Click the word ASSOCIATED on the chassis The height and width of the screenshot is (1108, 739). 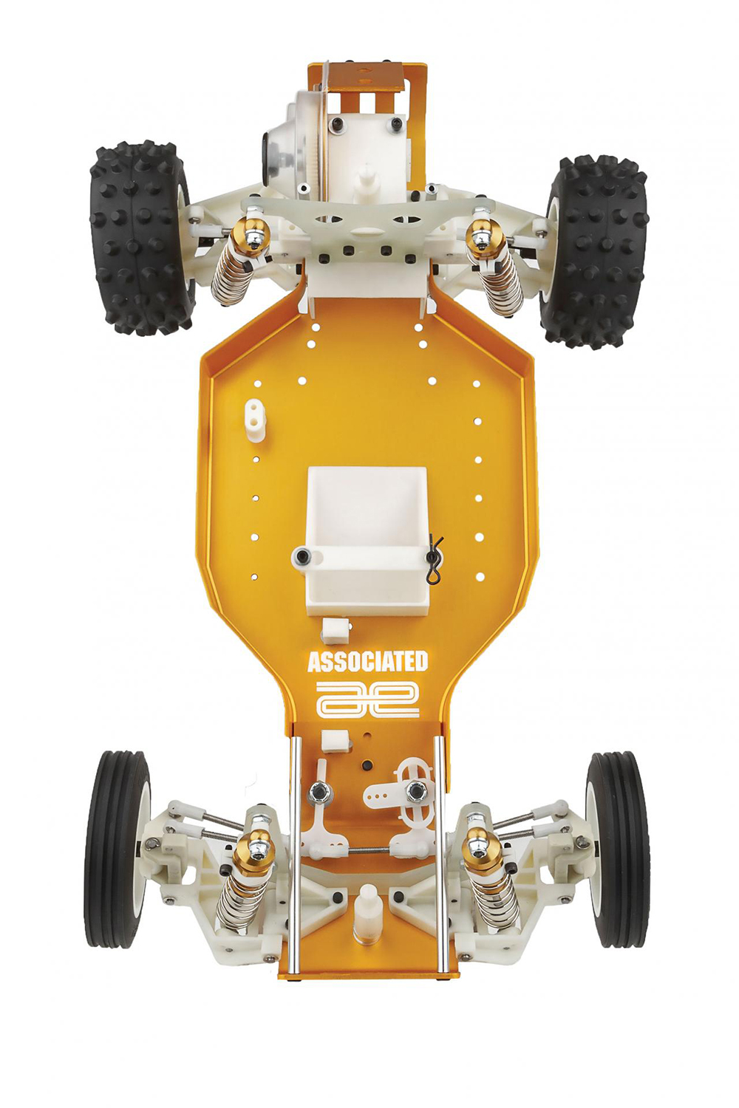pyautogui.click(x=367, y=661)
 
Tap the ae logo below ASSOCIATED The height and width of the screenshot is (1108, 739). pyautogui.click(x=367, y=699)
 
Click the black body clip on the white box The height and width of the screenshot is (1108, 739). pyautogui.click(x=434, y=555)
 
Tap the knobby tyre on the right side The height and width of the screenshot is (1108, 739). pyautogui.click(x=597, y=251)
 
